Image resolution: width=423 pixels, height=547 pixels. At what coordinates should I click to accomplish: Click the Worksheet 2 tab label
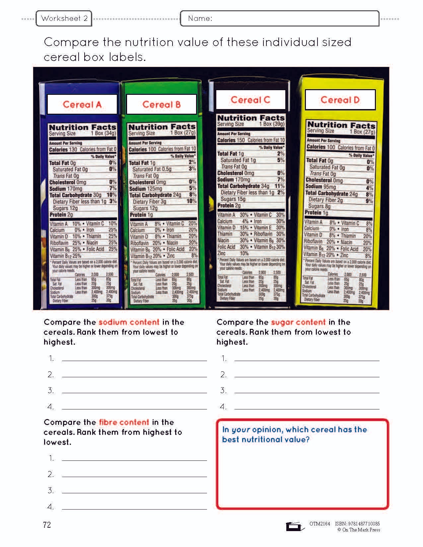64,19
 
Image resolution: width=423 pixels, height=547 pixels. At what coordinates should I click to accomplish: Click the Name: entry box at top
279,19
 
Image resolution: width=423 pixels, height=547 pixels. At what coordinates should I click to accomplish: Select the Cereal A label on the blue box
82,104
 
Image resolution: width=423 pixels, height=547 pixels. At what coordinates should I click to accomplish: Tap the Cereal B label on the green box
162,104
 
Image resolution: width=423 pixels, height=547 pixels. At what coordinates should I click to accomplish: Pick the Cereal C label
250,100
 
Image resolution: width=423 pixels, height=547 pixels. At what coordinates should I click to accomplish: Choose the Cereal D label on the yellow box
340,100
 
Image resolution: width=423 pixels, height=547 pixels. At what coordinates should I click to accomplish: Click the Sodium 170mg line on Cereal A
66,189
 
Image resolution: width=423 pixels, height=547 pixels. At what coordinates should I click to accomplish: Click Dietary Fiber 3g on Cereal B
149,202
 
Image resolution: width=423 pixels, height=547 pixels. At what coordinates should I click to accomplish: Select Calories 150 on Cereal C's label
231,140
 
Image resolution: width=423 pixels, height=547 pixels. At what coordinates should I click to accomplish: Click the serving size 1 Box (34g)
104,134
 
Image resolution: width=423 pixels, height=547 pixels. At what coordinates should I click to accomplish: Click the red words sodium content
129,322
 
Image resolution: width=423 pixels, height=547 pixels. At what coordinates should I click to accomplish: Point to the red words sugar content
298,322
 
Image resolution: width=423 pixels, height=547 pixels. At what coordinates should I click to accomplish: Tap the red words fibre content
124,422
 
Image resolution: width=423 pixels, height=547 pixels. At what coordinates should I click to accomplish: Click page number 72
47,524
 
